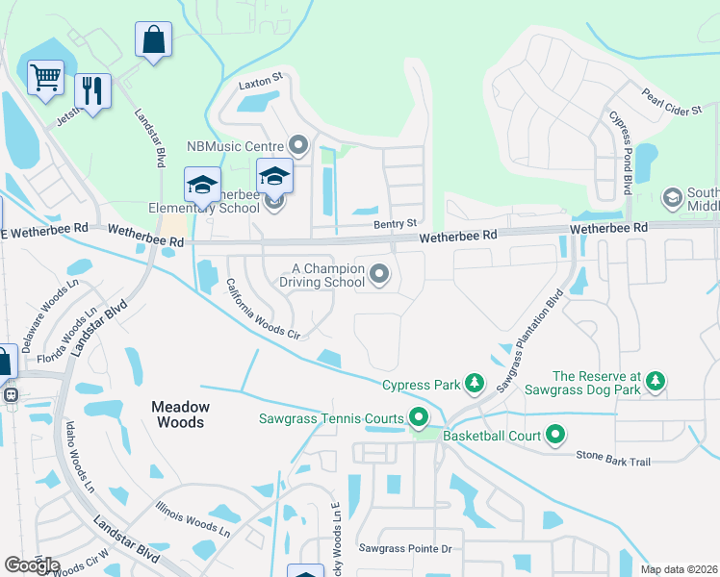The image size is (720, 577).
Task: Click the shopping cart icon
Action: [45, 78]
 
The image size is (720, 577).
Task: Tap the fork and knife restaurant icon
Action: [92, 91]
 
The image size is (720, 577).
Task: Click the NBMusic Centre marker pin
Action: [298, 146]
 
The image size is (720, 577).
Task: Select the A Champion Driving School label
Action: [321, 276]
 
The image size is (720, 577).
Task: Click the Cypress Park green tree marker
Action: [474, 385]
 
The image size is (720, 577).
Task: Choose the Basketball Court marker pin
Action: [555, 436]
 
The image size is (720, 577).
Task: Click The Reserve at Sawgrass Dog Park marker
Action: [656, 382]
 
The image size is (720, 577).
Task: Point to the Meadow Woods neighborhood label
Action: [179, 414]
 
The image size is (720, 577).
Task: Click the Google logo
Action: [32, 565]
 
